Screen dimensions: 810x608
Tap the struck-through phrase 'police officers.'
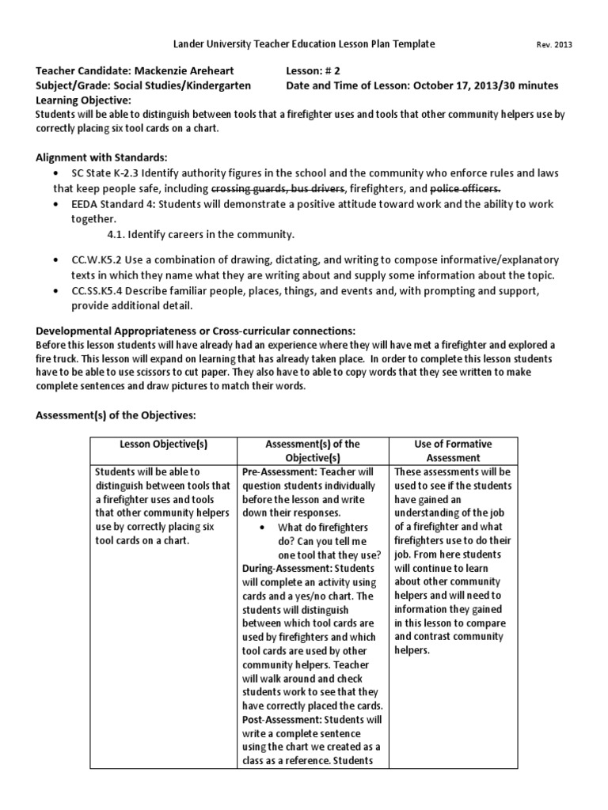click(465, 188)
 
